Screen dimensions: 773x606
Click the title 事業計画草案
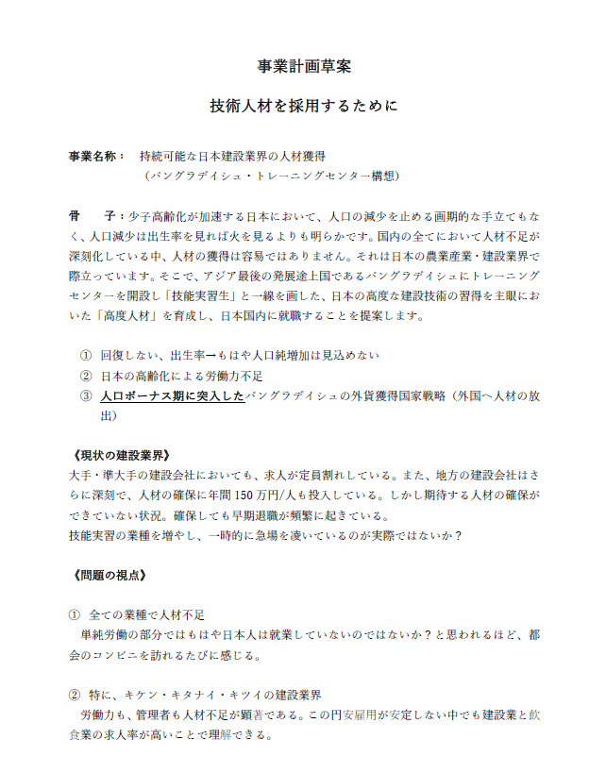(303, 66)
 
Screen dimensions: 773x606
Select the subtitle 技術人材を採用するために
(303, 106)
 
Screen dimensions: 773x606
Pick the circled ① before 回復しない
(86, 355)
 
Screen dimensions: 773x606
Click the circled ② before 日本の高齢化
(86, 376)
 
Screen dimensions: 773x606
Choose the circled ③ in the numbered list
(86, 396)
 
